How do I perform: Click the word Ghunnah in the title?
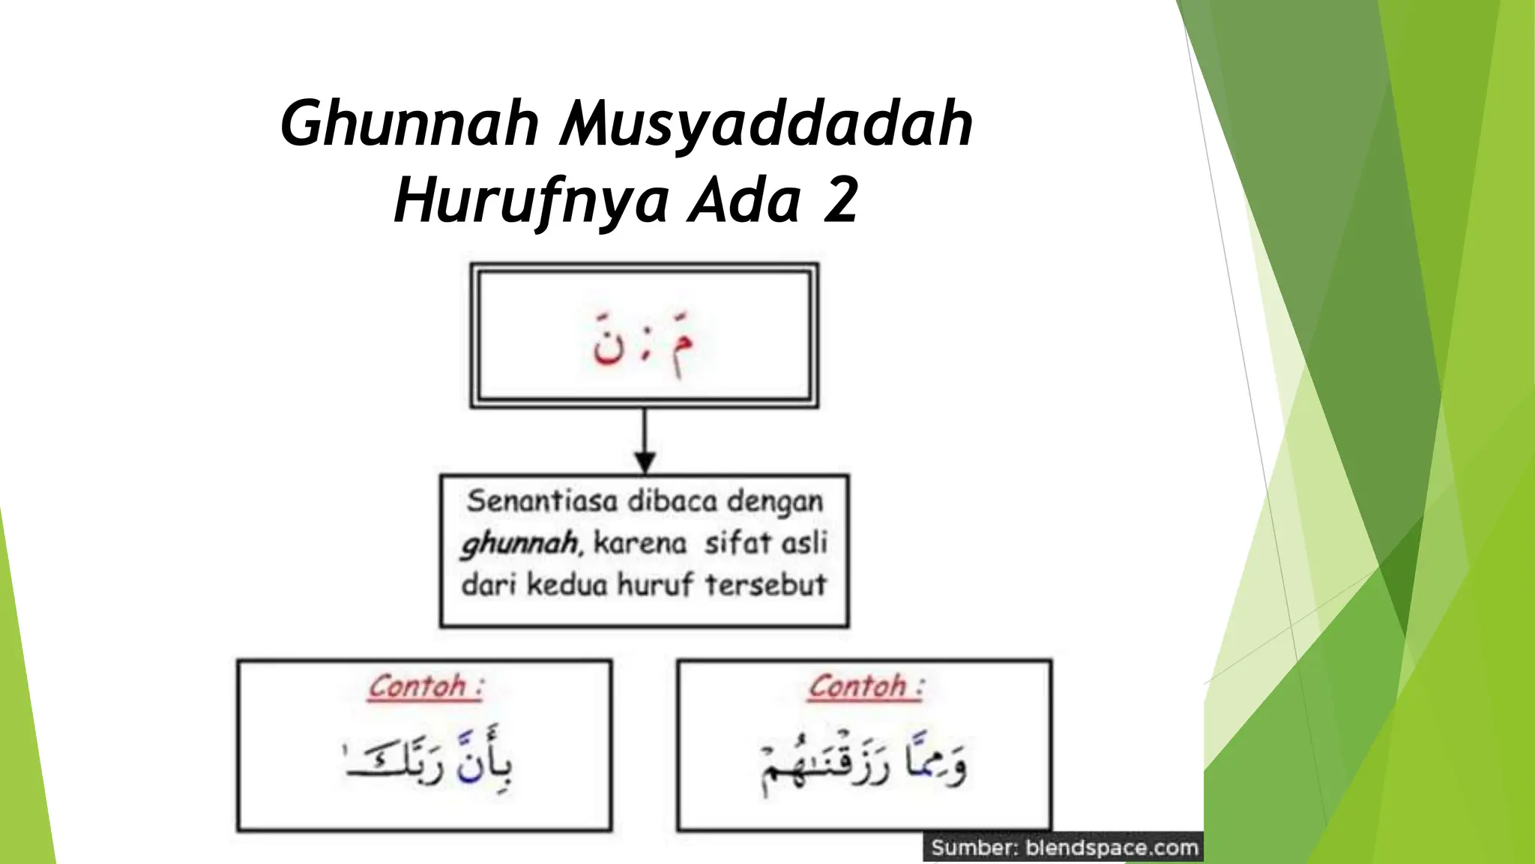tap(409, 124)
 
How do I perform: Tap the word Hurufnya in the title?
tap(531, 201)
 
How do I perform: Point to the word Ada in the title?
tap(745, 201)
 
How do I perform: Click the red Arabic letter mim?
tap(681, 343)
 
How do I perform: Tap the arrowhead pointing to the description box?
tap(645, 461)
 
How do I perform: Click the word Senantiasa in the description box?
tap(542, 501)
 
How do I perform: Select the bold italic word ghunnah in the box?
tap(519, 543)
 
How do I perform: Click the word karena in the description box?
tap(639, 542)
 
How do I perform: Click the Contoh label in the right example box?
tap(858, 686)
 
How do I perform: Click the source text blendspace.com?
tap(1112, 848)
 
